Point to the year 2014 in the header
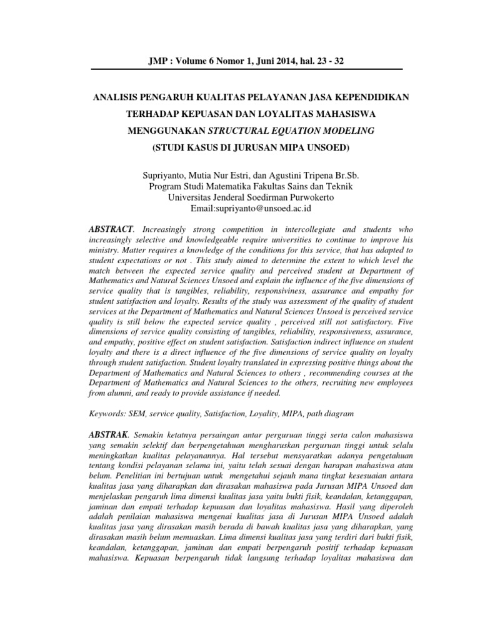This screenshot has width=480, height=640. [286, 61]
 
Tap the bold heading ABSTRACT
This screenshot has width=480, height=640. [112, 231]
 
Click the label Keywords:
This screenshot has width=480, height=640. [107, 413]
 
